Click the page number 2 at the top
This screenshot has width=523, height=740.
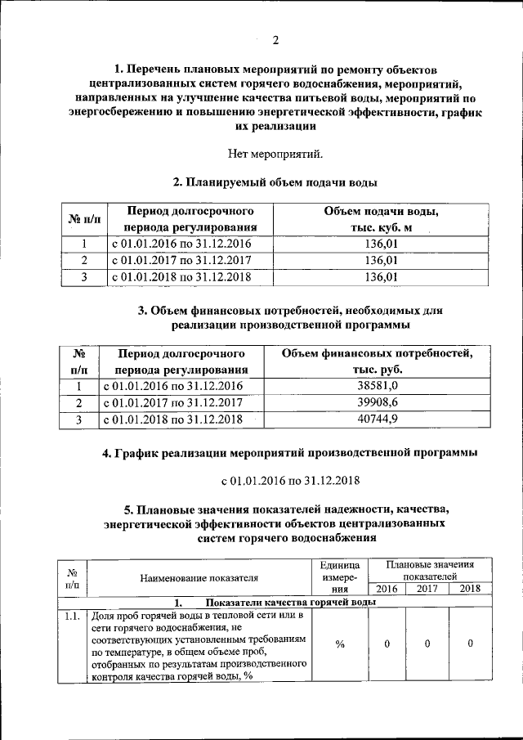[275, 40]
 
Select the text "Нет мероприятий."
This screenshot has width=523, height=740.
[275, 153]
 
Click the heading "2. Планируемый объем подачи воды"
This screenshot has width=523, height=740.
[275, 182]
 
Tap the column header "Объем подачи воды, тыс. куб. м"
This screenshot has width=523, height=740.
[381, 219]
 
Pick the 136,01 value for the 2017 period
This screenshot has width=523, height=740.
[381, 260]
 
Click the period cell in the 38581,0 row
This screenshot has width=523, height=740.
[172, 386]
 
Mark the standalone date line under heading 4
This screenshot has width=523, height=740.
[275, 480]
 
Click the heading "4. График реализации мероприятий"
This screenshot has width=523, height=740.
[275, 451]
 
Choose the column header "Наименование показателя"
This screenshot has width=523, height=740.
[199, 579]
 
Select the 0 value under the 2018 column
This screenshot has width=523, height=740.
[470, 644]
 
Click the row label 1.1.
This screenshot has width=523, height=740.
[72, 615]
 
